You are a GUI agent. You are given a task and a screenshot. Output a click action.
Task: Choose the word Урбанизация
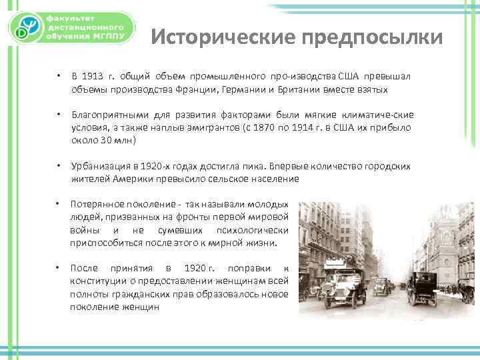(100, 167)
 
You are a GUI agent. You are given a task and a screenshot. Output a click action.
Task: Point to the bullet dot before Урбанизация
(59, 166)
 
